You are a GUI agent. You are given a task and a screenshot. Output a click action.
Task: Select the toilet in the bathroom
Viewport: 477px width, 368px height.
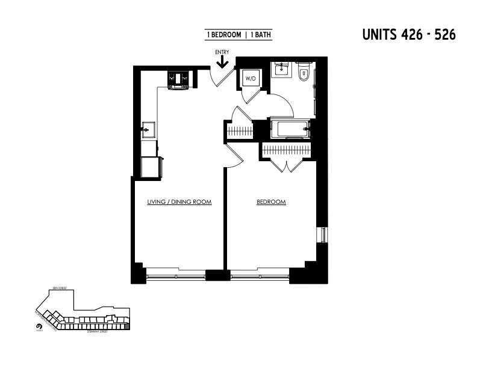click(304, 72)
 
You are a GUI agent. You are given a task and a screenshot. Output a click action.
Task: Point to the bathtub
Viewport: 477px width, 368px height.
click(291, 129)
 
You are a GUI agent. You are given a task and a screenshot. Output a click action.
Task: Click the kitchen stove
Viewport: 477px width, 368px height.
click(179, 79)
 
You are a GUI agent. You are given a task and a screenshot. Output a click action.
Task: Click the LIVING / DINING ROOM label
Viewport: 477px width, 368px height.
click(179, 202)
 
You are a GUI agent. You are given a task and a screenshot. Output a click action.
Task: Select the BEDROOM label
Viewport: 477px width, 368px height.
click(271, 202)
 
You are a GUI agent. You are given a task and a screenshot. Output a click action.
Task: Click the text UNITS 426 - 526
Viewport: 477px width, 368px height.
click(408, 34)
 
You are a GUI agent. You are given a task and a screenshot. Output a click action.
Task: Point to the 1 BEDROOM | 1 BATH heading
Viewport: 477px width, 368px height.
click(239, 35)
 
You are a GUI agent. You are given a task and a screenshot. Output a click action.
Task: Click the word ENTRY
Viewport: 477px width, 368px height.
click(222, 52)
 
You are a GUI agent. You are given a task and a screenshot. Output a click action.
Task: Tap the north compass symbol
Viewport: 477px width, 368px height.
click(39, 327)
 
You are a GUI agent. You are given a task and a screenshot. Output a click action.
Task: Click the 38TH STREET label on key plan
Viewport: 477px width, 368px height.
click(58, 289)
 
